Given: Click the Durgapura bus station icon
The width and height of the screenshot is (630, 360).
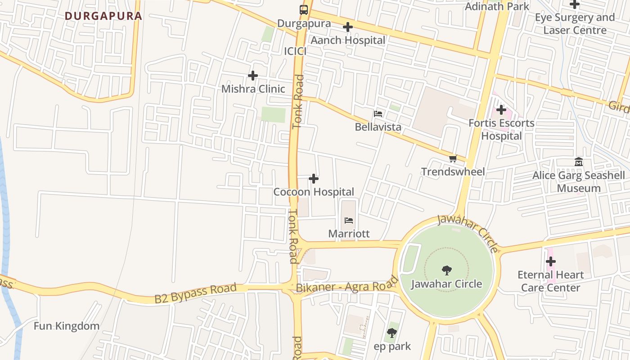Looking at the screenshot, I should (304, 10).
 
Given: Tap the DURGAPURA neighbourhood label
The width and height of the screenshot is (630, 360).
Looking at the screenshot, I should (103, 16).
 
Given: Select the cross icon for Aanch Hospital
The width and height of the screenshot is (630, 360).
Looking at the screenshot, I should (347, 27).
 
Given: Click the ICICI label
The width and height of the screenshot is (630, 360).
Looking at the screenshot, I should (295, 51).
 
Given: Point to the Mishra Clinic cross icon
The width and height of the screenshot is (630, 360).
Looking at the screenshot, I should (253, 76).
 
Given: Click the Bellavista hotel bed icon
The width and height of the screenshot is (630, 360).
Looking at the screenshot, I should (378, 114).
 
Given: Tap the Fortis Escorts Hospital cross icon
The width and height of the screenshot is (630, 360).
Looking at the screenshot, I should (501, 109).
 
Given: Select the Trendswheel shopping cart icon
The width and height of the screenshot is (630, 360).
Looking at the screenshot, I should (453, 158).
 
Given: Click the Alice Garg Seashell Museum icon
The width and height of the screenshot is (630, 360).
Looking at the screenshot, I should (579, 162).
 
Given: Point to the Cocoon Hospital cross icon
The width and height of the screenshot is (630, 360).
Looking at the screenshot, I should (314, 179).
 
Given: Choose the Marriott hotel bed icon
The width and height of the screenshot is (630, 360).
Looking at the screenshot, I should (349, 220).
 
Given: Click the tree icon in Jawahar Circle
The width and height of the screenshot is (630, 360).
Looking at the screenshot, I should (446, 270).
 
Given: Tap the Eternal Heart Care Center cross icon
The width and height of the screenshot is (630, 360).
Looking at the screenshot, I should (550, 261).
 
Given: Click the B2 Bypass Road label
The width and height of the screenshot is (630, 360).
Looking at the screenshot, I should (195, 293).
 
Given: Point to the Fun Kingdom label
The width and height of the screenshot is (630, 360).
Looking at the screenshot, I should (67, 326).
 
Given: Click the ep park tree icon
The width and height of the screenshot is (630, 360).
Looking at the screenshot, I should (392, 333).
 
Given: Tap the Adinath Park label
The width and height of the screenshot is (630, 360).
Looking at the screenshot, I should (497, 6).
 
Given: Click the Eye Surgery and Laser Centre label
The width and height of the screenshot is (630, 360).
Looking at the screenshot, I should (575, 24).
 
